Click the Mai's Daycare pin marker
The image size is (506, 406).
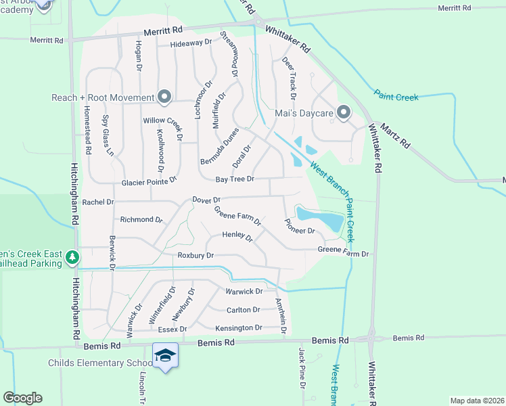pyautogui.click(x=343, y=112)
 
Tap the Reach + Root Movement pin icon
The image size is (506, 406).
pyautogui.click(x=164, y=97)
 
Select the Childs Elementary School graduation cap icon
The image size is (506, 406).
pyautogui.click(x=164, y=356)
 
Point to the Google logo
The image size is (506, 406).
pyautogui.click(x=22, y=398)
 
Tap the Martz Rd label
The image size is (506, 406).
pyautogui.click(x=396, y=134)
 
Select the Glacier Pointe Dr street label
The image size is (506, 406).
pyautogui.click(x=149, y=183)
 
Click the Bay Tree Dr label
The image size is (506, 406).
pyautogui.click(x=235, y=179)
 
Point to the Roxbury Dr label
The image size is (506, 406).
pyautogui.click(x=195, y=255)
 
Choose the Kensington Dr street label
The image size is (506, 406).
pyautogui.click(x=238, y=328)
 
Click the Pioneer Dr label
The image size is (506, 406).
pyautogui.click(x=300, y=226)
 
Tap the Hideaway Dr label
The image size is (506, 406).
pyautogui.click(x=191, y=42)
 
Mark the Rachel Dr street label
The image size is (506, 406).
pyautogui.click(x=97, y=202)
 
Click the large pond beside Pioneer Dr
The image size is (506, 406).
pyautogui.click(x=320, y=218)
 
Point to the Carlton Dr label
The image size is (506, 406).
pyautogui.click(x=243, y=309)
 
